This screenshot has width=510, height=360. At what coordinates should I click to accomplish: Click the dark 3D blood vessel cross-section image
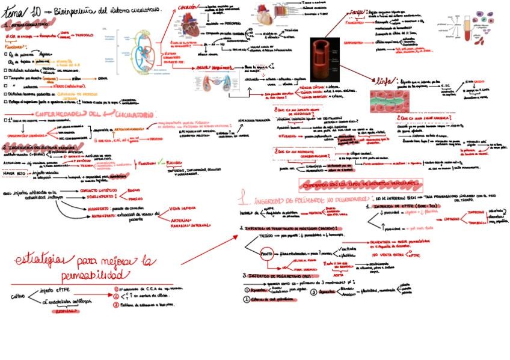click(x=325, y=59)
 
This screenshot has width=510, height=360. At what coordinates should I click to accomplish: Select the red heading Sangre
click(x=357, y=13)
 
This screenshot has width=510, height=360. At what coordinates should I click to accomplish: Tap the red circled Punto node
click(x=266, y=255)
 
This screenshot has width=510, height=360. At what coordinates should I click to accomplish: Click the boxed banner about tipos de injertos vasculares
click(x=359, y=182)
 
